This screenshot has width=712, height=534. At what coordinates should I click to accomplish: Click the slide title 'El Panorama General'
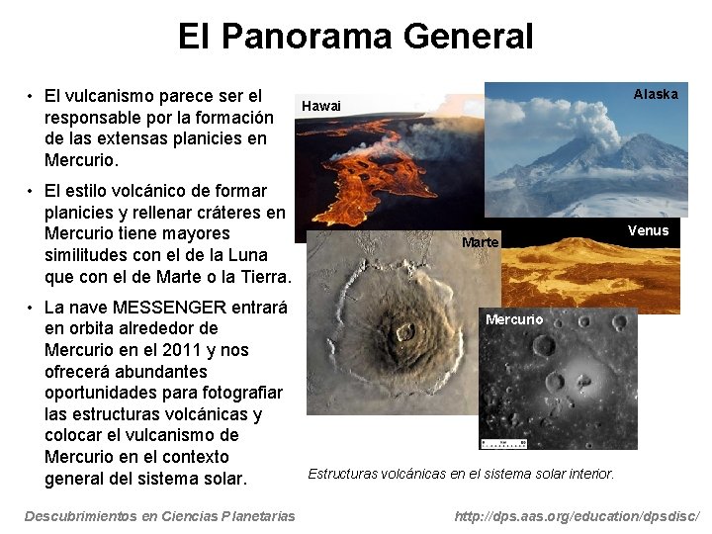click(355, 37)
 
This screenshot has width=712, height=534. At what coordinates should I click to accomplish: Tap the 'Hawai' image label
click(320, 106)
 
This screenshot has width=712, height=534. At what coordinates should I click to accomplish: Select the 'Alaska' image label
click(656, 94)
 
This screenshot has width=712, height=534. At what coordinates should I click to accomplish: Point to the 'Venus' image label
click(648, 230)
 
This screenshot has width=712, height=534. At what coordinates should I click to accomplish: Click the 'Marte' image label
click(481, 242)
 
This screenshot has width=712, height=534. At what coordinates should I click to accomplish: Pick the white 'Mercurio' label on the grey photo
click(514, 319)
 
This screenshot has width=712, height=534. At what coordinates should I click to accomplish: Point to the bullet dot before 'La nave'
click(32, 307)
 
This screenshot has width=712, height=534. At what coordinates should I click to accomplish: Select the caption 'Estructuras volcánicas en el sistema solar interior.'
click(461, 474)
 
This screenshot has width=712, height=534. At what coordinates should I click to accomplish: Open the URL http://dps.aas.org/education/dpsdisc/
click(577, 516)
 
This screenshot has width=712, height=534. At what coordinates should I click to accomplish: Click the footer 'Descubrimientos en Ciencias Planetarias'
click(159, 516)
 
